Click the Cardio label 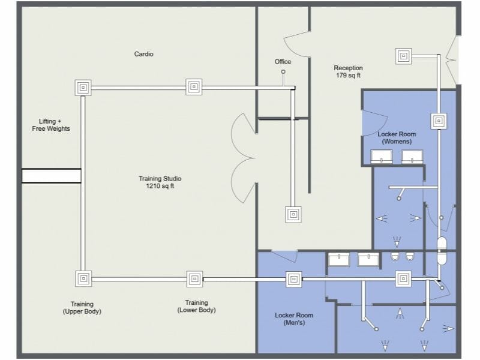[143, 54]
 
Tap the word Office [283, 62]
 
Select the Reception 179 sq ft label [348, 72]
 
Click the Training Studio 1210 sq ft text [160, 182]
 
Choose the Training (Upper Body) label [82, 308]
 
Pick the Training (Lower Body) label [196, 307]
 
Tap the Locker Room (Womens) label [394, 138]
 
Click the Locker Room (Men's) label [294, 319]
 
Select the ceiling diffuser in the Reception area [404, 56]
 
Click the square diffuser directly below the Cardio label [194, 87]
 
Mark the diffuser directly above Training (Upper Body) [83, 278]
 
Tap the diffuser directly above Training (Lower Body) [194, 278]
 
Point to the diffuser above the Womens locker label [439, 121]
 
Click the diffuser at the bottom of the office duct [293, 214]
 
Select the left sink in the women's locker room [382, 157]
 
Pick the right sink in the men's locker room [368, 259]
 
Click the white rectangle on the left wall [51, 176]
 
